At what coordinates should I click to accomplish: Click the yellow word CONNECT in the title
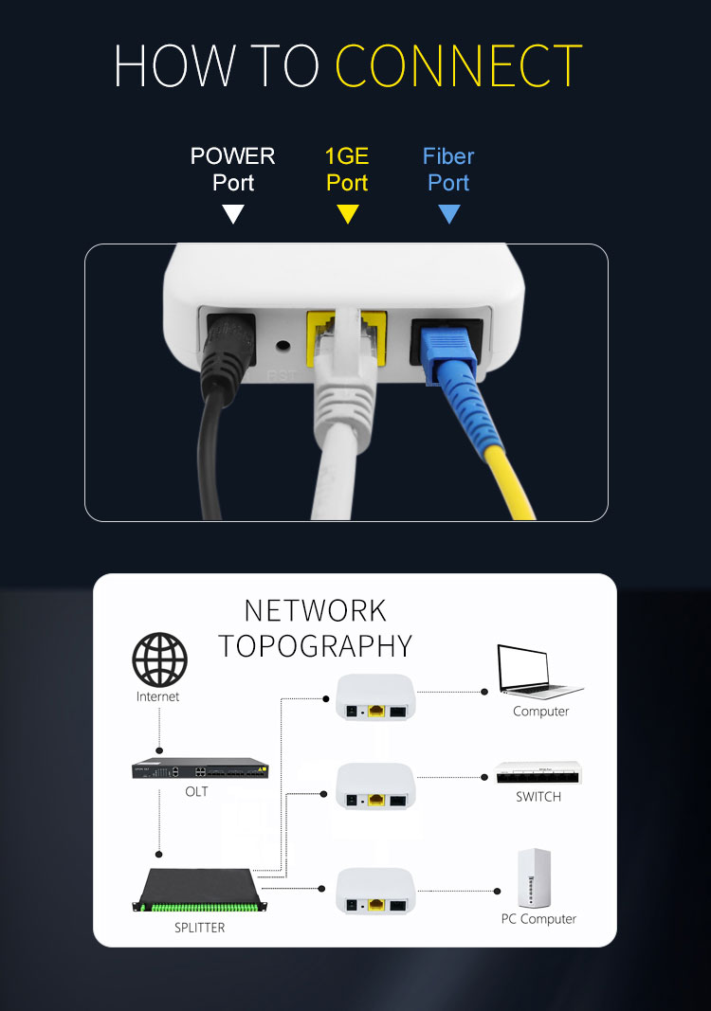point(459,65)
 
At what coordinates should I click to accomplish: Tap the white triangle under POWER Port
point(233,213)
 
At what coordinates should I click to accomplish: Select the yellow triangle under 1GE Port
point(348,213)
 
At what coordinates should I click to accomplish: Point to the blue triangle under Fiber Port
point(449,213)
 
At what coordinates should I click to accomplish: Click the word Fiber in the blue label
point(448,156)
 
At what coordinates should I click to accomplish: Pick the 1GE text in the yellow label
point(347,156)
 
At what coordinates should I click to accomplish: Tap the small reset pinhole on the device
point(283,345)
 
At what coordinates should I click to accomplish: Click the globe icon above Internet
point(159,659)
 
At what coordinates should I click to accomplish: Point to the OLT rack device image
point(201,767)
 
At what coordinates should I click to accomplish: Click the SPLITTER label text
point(199,928)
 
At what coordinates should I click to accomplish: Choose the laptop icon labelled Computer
point(539,671)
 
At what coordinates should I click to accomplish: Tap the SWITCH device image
point(538,772)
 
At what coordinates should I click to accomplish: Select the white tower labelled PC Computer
point(534,878)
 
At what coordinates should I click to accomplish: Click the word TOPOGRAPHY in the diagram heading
point(316,646)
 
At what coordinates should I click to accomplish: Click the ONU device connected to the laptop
point(374,697)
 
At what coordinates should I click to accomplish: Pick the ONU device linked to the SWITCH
point(374,786)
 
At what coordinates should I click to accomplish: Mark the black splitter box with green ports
point(200,891)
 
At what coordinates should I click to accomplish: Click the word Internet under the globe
point(158,696)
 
